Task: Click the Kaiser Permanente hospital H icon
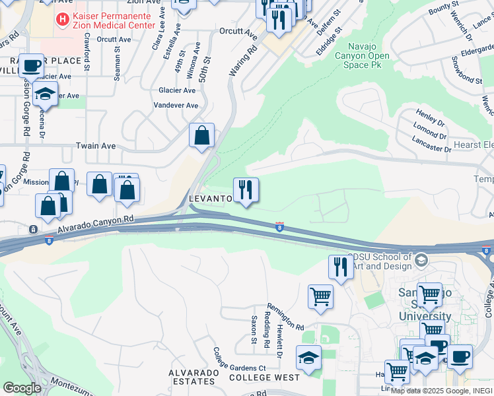63,20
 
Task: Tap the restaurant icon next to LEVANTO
246,190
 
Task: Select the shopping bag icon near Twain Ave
201,135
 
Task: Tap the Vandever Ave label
176,105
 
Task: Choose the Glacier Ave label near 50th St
177,90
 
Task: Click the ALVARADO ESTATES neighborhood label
194,377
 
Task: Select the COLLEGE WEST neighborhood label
264,378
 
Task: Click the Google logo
22,388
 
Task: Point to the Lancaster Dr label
431,145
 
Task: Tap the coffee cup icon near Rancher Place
31,66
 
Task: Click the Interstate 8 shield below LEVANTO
280,226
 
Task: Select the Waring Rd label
244,61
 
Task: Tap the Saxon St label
254,329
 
